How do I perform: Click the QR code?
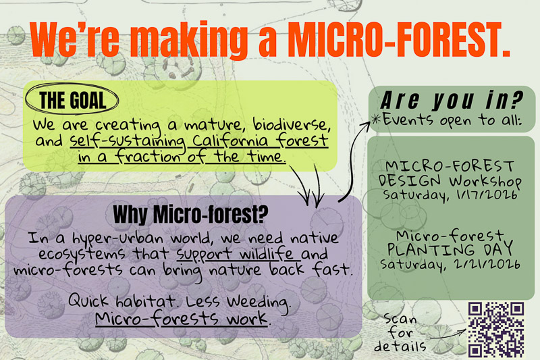pos(496,330)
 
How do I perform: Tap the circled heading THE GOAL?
pos(72,100)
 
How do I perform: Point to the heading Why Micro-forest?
pos(190,215)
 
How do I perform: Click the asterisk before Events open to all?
pos(376,120)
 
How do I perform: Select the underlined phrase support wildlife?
pos(235,255)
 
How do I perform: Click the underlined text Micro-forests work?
pos(181,318)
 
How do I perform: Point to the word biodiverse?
pos(291,124)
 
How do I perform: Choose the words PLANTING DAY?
pos(450,249)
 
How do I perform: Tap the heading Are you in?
pos(452,100)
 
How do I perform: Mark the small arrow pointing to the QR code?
pos(448,334)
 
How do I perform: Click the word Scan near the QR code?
pos(400,319)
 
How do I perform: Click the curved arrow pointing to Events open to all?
pos(350,163)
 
